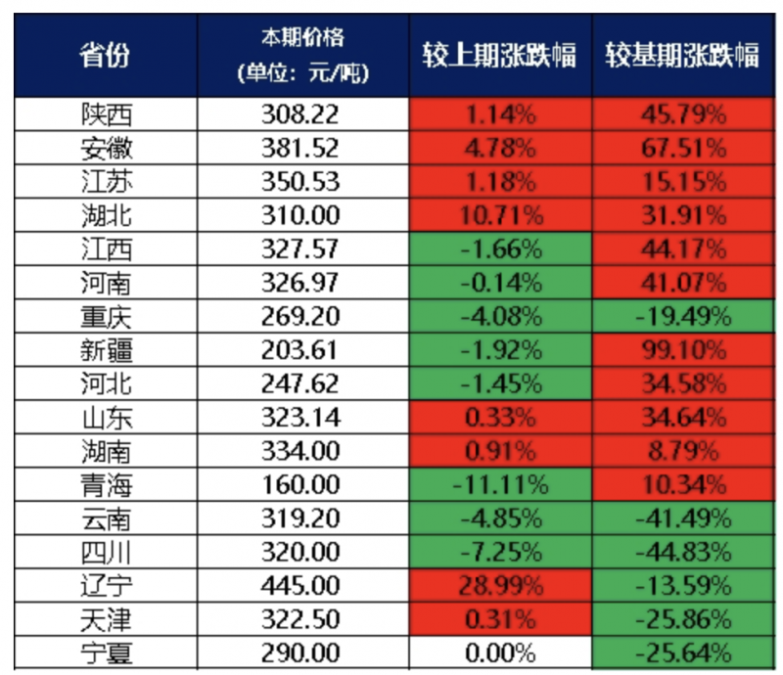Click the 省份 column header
(x=105, y=55)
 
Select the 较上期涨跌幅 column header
(x=499, y=55)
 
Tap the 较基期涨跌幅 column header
(x=681, y=55)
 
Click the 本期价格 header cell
(x=301, y=55)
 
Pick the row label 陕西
(x=105, y=114)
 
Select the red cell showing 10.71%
(x=500, y=216)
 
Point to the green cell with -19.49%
(x=681, y=317)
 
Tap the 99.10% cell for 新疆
(x=681, y=350)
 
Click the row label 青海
(x=105, y=484)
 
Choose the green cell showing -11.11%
(x=500, y=484)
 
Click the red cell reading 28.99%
(x=500, y=585)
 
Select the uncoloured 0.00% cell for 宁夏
(x=500, y=652)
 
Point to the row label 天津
(x=105, y=618)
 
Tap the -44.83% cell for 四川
(x=681, y=552)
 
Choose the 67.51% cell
(x=681, y=149)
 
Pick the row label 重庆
(x=105, y=317)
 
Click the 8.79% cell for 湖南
(x=681, y=451)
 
